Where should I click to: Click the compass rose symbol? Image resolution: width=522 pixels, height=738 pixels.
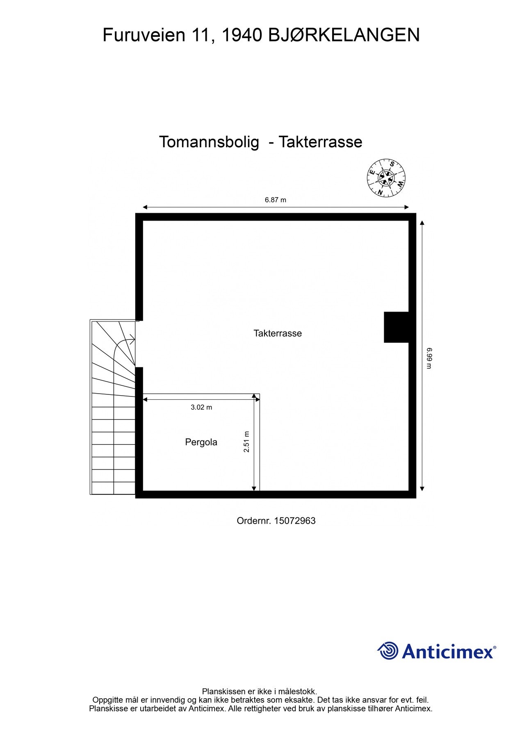pos(386,178)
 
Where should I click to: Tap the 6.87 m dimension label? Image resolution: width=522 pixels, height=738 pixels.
pos(275,200)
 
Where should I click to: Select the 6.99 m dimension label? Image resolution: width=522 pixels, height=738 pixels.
pos(429,358)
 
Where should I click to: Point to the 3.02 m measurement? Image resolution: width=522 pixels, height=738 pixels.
pos(201,407)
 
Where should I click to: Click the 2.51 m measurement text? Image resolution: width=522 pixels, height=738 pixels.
pos(246,442)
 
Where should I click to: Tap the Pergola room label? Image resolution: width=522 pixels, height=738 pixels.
pos(201,442)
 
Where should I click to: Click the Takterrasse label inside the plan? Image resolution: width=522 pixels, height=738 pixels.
pos(278,333)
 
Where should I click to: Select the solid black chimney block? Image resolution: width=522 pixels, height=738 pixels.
pos(396,327)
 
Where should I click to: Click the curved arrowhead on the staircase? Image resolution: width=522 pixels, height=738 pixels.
pos(132,339)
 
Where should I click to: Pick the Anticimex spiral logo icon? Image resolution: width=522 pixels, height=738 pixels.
pos(388,651)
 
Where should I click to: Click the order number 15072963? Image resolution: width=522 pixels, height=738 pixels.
pos(294,521)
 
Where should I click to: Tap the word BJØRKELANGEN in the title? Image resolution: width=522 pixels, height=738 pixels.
pos(344,35)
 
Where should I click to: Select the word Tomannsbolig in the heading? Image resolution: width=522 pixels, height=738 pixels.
pos(209,142)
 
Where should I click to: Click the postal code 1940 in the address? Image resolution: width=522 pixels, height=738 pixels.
pos(241,35)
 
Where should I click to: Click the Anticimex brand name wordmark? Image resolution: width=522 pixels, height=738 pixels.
pos(449,651)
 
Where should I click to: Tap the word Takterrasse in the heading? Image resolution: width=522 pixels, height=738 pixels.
pos(320,142)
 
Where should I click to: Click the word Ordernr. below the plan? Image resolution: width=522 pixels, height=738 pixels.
pos(254,521)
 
